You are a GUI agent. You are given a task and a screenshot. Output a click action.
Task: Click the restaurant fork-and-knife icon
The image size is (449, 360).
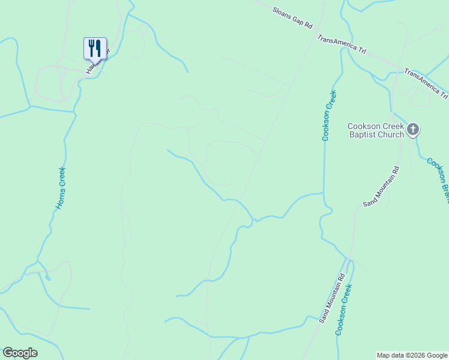95,47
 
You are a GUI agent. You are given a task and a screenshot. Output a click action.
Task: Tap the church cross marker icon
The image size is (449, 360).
412,128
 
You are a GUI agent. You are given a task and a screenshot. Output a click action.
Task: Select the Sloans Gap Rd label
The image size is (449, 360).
293,18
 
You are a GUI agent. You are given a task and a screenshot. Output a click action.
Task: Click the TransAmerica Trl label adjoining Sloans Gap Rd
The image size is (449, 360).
342,43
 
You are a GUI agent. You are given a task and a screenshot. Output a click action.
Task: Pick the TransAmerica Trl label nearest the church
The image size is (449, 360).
426,83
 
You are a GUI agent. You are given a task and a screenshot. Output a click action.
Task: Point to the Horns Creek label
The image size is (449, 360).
60,188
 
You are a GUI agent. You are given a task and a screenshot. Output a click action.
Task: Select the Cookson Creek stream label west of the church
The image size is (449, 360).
329,115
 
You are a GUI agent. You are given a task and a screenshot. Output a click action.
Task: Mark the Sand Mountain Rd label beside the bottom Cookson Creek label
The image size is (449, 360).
332,298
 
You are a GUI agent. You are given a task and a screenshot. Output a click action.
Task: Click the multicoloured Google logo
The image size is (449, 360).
20,353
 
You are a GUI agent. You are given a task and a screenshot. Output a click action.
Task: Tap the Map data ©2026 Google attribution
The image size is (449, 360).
412,355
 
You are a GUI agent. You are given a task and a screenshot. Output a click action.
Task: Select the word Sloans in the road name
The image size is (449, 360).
282,13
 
